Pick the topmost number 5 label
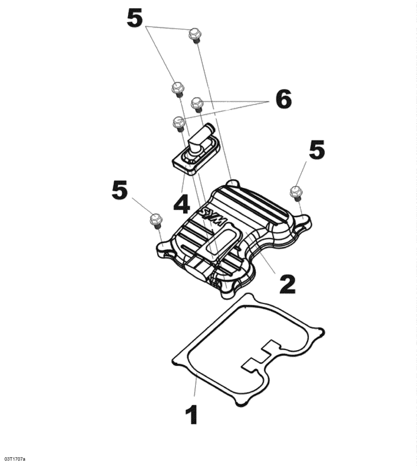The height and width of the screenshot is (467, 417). pyautogui.click(x=135, y=18)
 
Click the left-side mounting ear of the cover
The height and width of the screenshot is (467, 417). pyautogui.click(x=163, y=247)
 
